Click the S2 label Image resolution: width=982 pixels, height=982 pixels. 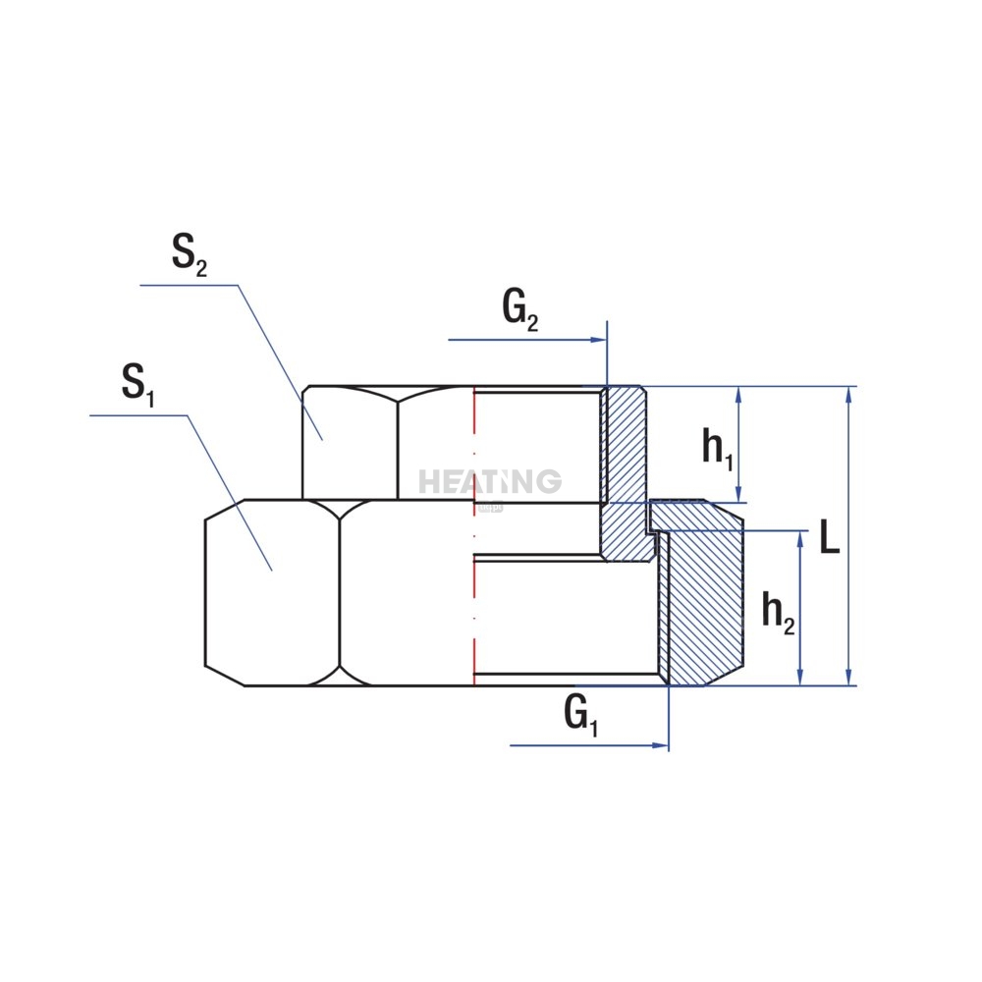coord(190,255)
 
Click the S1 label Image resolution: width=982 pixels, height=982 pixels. coord(137,385)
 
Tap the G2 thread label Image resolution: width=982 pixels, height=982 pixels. coord(519,310)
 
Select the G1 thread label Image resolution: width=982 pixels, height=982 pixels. coord(581,715)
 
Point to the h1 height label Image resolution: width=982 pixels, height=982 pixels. coord(718,449)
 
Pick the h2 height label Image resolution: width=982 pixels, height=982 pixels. coord(778,612)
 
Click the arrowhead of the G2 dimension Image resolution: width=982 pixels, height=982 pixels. coord(599,340)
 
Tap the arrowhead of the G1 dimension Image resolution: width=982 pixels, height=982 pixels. coord(661,745)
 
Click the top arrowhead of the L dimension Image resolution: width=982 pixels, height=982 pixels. coord(848,395)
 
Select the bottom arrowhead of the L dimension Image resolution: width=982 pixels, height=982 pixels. coord(848,677)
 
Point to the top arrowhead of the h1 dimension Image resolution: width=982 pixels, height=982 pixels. coord(739,395)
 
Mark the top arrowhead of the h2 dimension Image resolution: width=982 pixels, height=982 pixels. coord(799,540)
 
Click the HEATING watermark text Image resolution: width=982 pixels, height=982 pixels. coord(490,481)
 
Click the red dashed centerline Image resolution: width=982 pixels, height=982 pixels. coord(474,535)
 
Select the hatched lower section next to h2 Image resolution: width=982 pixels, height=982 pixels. coord(701,601)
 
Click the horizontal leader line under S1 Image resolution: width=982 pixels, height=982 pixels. coord(138,415)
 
